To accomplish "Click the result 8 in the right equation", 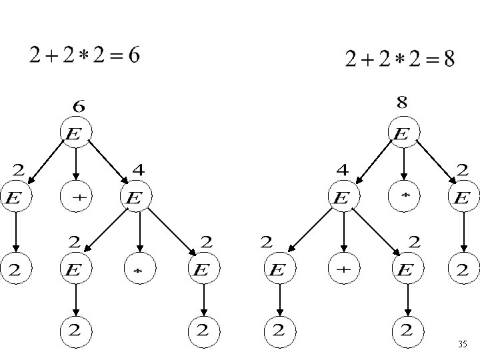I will click(449, 60).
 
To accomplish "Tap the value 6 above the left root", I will click(78, 105).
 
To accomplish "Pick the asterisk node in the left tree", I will click(139, 269).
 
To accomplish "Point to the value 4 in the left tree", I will click(139, 170).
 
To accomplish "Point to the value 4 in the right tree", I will click(342, 170).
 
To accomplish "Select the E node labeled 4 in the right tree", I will click(343, 197).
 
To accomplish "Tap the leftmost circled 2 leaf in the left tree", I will click(14, 269).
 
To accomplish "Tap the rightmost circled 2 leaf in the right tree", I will click(463, 269).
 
